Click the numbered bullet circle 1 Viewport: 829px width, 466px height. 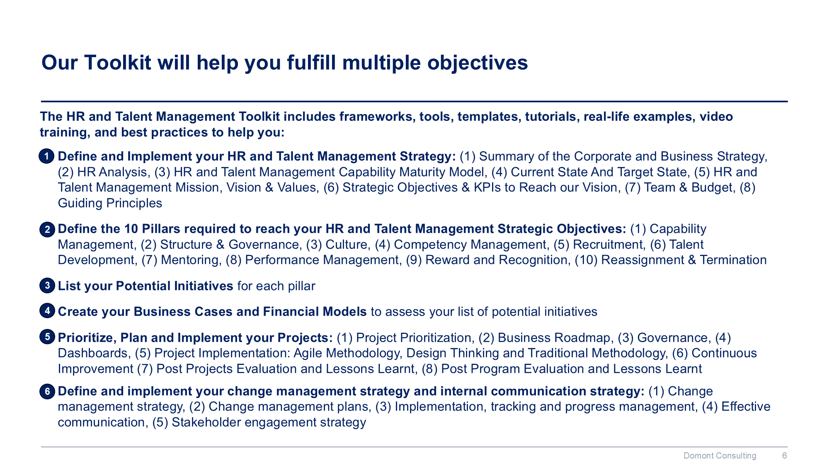(x=47, y=157)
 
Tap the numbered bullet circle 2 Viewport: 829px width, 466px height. (x=47, y=229)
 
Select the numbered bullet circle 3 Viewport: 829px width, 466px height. (x=47, y=285)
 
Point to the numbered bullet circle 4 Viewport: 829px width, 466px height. (x=47, y=311)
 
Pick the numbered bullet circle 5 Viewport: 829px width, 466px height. (x=47, y=337)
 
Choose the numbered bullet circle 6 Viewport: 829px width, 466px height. (x=47, y=391)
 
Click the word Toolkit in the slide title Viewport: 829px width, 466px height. (x=117, y=63)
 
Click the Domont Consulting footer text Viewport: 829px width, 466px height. (x=720, y=456)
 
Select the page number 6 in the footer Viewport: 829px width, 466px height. (x=784, y=456)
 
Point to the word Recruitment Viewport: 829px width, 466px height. (x=609, y=244)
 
